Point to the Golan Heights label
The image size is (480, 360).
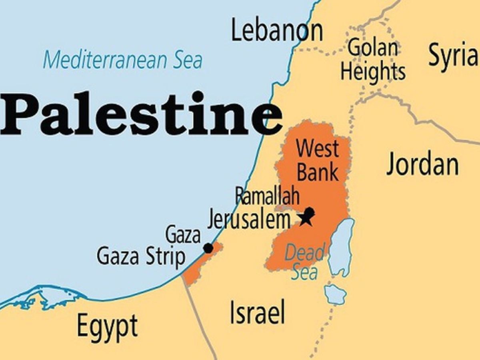(x=373, y=60)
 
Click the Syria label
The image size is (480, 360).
(x=453, y=55)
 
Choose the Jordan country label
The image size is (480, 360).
(x=422, y=164)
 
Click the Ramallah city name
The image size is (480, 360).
(x=267, y=196)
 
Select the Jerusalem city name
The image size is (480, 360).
(x=248, y=220)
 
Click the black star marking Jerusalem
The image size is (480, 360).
(x=306, y=219)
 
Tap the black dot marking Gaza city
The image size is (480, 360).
(x=208, y=248)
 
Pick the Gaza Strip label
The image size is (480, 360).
(x=141, y=256)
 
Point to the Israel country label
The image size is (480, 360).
(x=257, y=312)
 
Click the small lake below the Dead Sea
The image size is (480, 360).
(x=335, y=294)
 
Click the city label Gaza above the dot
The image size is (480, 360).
(x=183, y=234)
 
